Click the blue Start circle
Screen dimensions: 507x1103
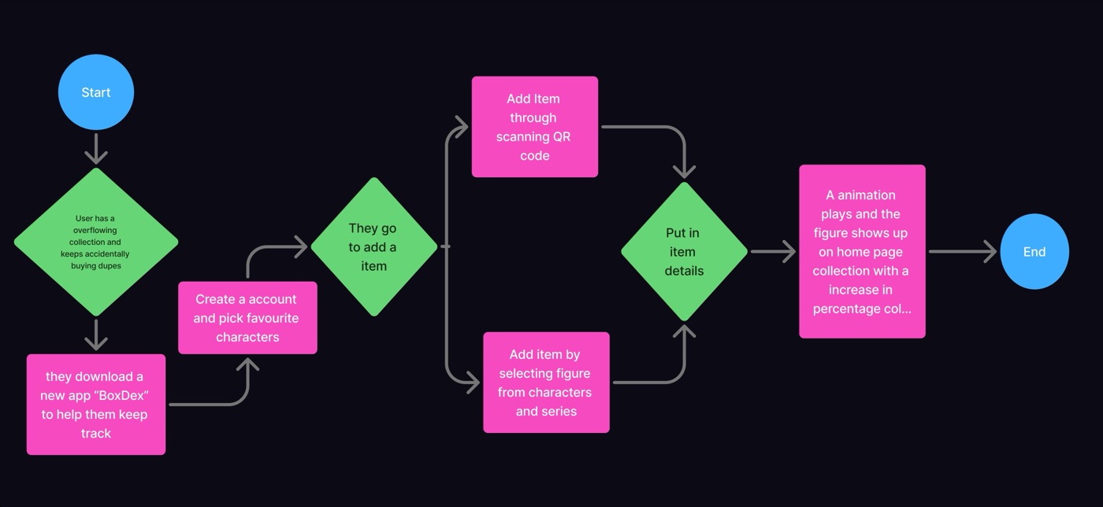pos(95,92)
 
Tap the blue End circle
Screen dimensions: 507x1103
pos(1034,252)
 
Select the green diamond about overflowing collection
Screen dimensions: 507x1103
pos(95,242)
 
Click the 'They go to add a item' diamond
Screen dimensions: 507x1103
pos(373,246)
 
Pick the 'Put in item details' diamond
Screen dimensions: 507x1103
pos(683,252)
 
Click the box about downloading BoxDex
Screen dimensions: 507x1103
pos(95,405)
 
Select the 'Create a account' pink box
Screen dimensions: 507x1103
pos(247,318)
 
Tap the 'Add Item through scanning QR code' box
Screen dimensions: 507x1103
pos(534,127)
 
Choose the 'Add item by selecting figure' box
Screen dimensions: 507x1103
pos(546,383)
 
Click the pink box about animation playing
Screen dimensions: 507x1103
pos(862,252)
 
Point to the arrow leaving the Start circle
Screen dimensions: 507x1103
pos(96,149)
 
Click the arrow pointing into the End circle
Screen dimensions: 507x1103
pos(963,252)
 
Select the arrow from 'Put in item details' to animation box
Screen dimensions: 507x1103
pos(773,252)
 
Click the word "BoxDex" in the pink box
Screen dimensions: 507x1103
pos(121,395)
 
